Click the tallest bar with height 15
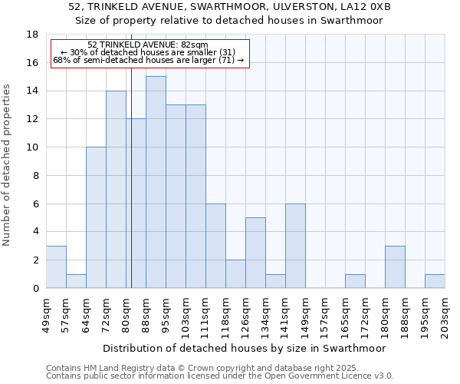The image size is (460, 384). pyautogui.click(x=156, y=182)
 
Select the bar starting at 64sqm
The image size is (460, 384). pyautogui.click(x=96, y=217)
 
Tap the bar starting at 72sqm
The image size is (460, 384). pyautogui.click(x=116, y=190)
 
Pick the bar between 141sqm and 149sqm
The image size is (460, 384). pyautogui.click(x=295, y=246)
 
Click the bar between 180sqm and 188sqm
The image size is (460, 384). pyautogui.click(x=395, y=267)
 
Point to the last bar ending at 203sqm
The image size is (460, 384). pyautogui.click(x=435, y=281)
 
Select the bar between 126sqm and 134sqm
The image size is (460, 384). pyautogui.click(x=255, y=253)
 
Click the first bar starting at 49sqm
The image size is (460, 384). pyautogui.click(x=56, y=267)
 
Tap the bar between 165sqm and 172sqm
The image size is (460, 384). pyautogui.click(x=355, y=281)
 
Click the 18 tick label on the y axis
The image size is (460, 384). pyautogui.click(x=32, y=35)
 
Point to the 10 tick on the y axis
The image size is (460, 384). pyautogui.click(x=32, y=147)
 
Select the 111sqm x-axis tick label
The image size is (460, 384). pyautogui.click(x=205, y=314)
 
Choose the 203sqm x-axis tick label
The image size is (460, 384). pyautogui.click(x=445, y=314)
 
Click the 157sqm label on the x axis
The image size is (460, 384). pyautogui.click(x=325, y=314)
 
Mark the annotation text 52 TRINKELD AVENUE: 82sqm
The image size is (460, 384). pyautogui.click(x=147, y=45)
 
